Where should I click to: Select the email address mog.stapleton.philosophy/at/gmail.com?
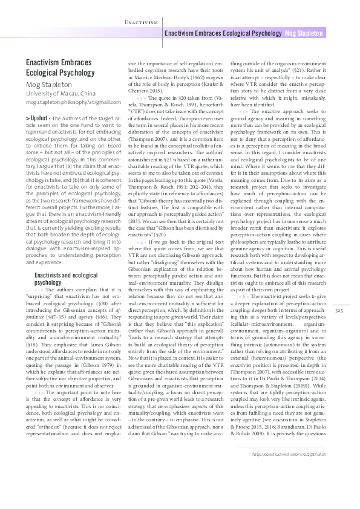click(x=68, y=103)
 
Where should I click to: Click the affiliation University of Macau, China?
click(x=61, y=94)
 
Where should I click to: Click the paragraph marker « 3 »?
click(x=142, y=97)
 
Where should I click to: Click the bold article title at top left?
click(x=58, y=67)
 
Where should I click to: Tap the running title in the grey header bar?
click(x=224, y=33)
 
